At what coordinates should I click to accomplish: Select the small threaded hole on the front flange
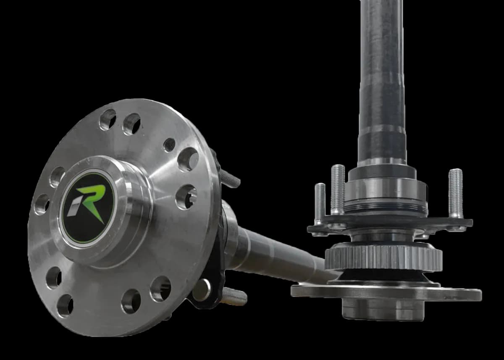[169, 145]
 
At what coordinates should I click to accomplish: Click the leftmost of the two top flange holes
[108, 119]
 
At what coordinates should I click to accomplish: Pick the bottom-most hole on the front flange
[65, 305]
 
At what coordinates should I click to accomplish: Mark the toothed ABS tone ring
[383, 257]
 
